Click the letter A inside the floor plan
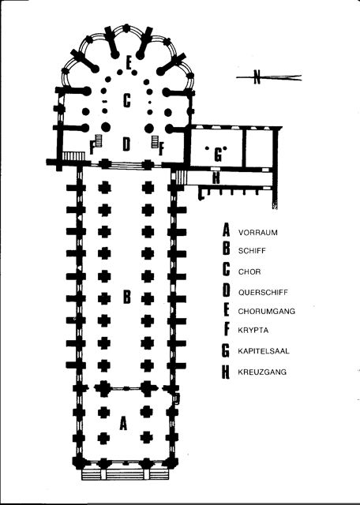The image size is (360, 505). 123,423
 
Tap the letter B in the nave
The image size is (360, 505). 127,297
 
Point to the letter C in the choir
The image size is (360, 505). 127,100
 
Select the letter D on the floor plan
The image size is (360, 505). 126,144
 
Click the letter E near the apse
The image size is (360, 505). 129,63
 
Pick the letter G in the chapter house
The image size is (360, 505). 218,155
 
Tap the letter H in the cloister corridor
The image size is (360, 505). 216,178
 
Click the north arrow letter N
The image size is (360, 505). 257,77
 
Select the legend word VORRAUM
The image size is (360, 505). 258,233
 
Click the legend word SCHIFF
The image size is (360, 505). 252,251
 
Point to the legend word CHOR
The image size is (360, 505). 249,271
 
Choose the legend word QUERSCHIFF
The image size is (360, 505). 263,293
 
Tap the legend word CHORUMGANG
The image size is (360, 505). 267,311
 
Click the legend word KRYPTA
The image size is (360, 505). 253,331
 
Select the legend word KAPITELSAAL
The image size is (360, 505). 264,351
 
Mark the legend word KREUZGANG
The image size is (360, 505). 262,372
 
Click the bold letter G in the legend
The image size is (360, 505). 226,350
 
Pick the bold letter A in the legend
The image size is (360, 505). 227,230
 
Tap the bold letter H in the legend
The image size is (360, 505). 226,372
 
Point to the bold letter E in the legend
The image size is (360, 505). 226,310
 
